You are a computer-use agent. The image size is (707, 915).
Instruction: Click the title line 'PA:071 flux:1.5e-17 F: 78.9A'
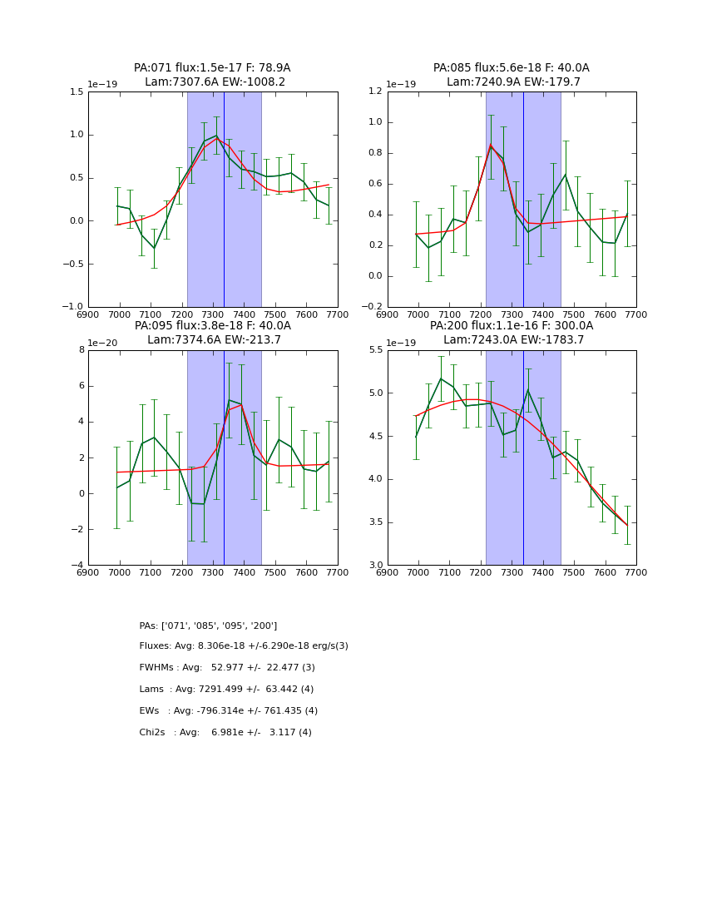(x=212, y=68)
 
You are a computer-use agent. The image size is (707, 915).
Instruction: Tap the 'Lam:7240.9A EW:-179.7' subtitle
(x=513, y=82)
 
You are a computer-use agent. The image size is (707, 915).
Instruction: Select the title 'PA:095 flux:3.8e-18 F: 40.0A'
(x=212, y=326)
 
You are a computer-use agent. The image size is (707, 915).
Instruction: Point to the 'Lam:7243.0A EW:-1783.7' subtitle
(x=513, y=339)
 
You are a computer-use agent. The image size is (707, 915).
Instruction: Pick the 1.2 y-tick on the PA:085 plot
(x=374, y=92)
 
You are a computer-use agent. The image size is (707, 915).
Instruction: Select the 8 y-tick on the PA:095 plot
(x=81, y=350)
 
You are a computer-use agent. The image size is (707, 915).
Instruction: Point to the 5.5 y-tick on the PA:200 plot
(x=374, y=350)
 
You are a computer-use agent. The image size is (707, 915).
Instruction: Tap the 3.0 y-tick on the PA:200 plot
(x=374, y=566)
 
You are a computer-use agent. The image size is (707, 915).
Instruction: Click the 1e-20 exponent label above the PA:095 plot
(x=102, y=343)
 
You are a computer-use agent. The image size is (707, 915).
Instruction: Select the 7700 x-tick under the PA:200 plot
(x=635, y=572)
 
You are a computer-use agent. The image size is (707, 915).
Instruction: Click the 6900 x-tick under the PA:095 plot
(x=88, y=572)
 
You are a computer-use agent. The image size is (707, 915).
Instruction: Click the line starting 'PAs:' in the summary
(x=208, y=626)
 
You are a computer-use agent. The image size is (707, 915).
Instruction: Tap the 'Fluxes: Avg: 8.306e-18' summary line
(x=244, y=646)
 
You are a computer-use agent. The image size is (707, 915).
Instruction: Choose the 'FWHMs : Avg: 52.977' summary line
(x=227, y=668)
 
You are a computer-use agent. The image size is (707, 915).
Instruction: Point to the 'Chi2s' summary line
(x=225, y=733)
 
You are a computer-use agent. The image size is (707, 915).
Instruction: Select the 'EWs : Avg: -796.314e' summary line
(x=229, y=711)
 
